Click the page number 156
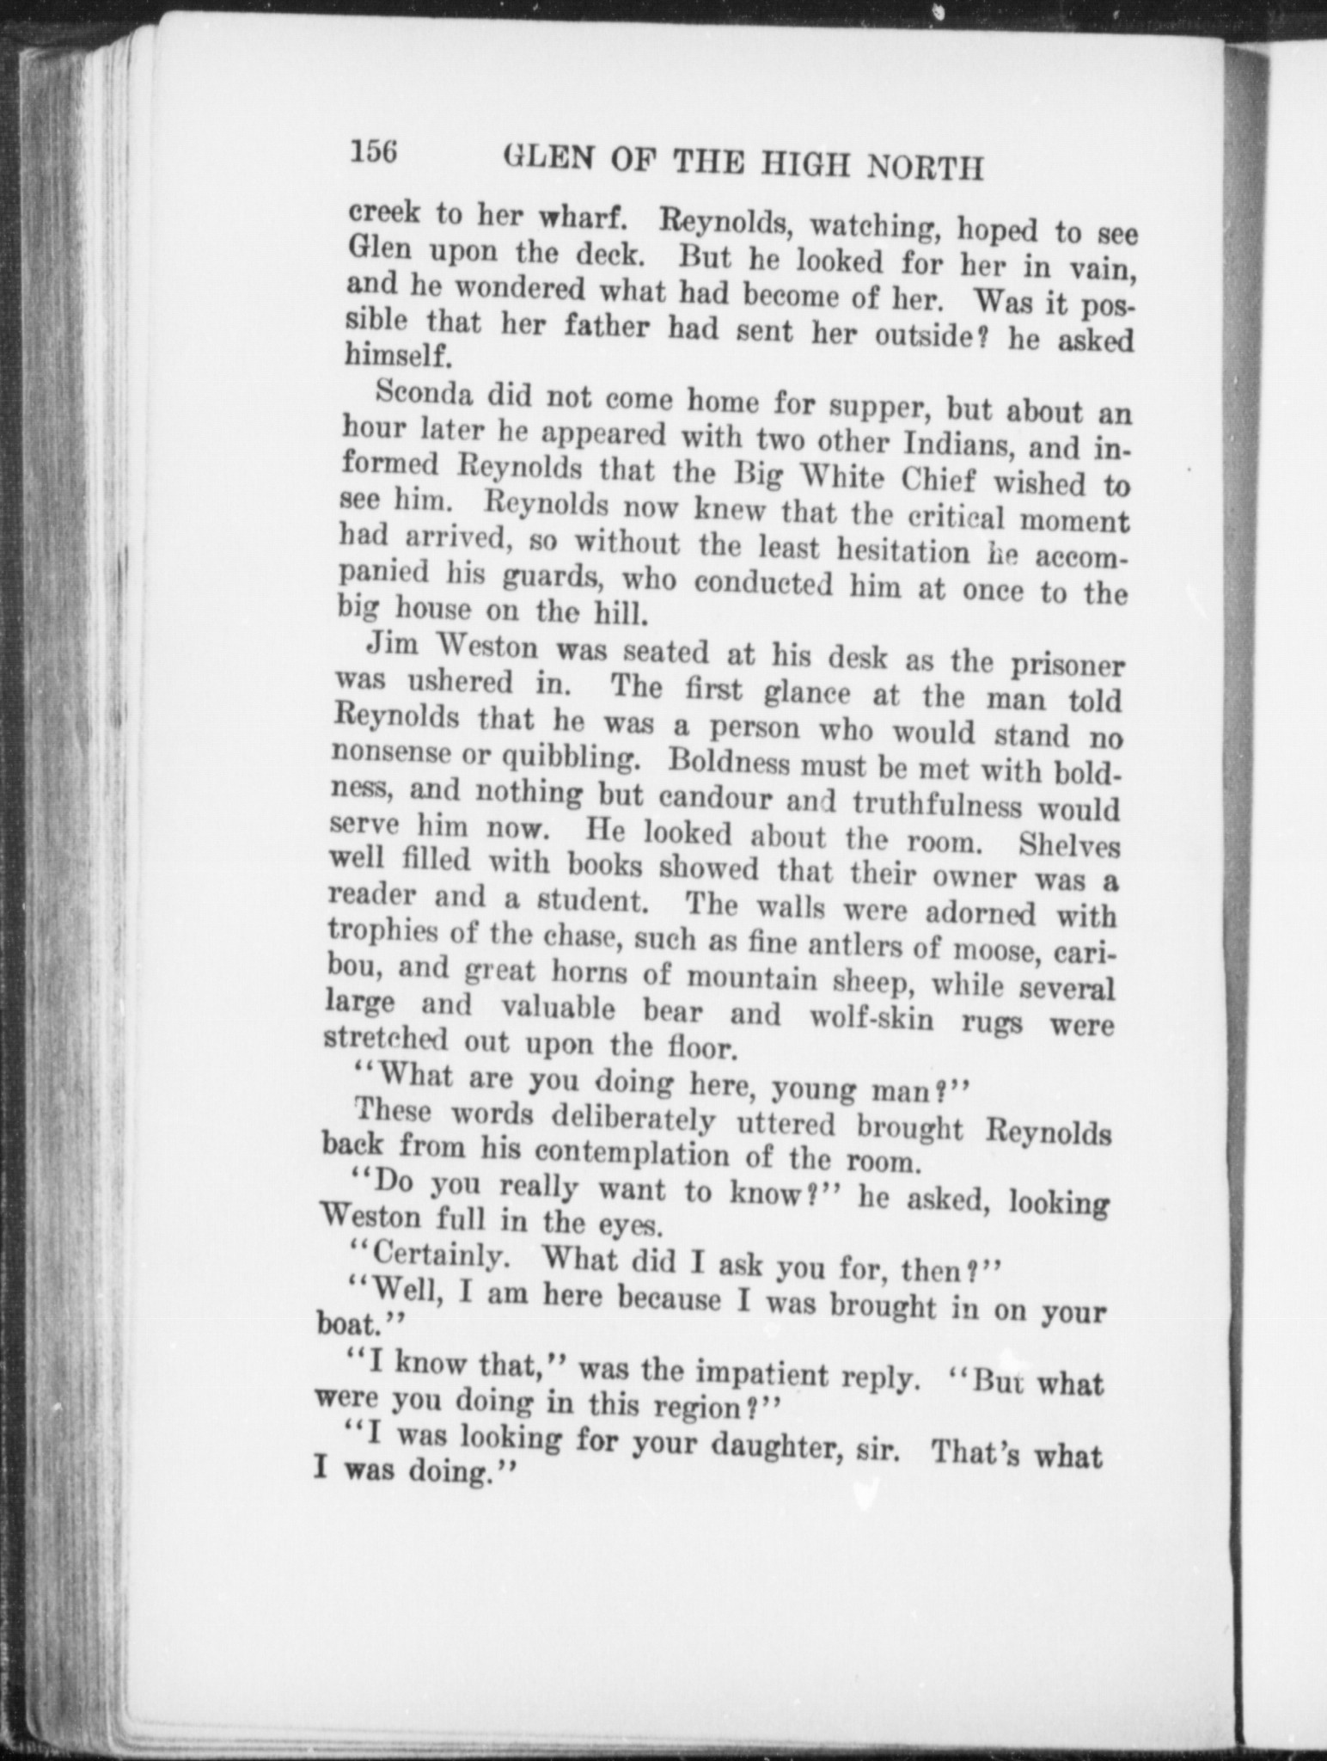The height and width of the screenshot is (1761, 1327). (x=372, y=151)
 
